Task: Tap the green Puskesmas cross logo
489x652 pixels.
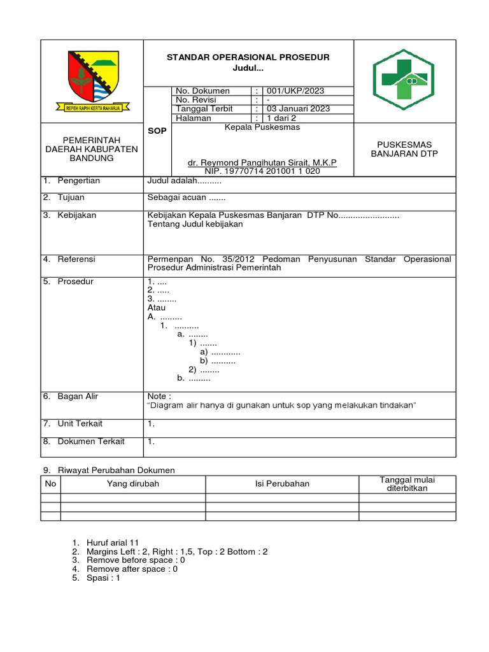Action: (404, 80)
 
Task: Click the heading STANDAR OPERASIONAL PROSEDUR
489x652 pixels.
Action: (248, 57)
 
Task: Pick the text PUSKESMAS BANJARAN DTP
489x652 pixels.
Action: (404, 149)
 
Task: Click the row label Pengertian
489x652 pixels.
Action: (79, 181)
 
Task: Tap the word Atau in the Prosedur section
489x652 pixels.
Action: (157, 308)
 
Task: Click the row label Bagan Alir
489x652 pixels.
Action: (78, 396)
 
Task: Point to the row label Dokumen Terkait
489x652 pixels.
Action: (91, 441)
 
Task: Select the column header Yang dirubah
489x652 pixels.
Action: (133, 484)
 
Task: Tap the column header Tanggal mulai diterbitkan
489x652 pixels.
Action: (407, 484)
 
